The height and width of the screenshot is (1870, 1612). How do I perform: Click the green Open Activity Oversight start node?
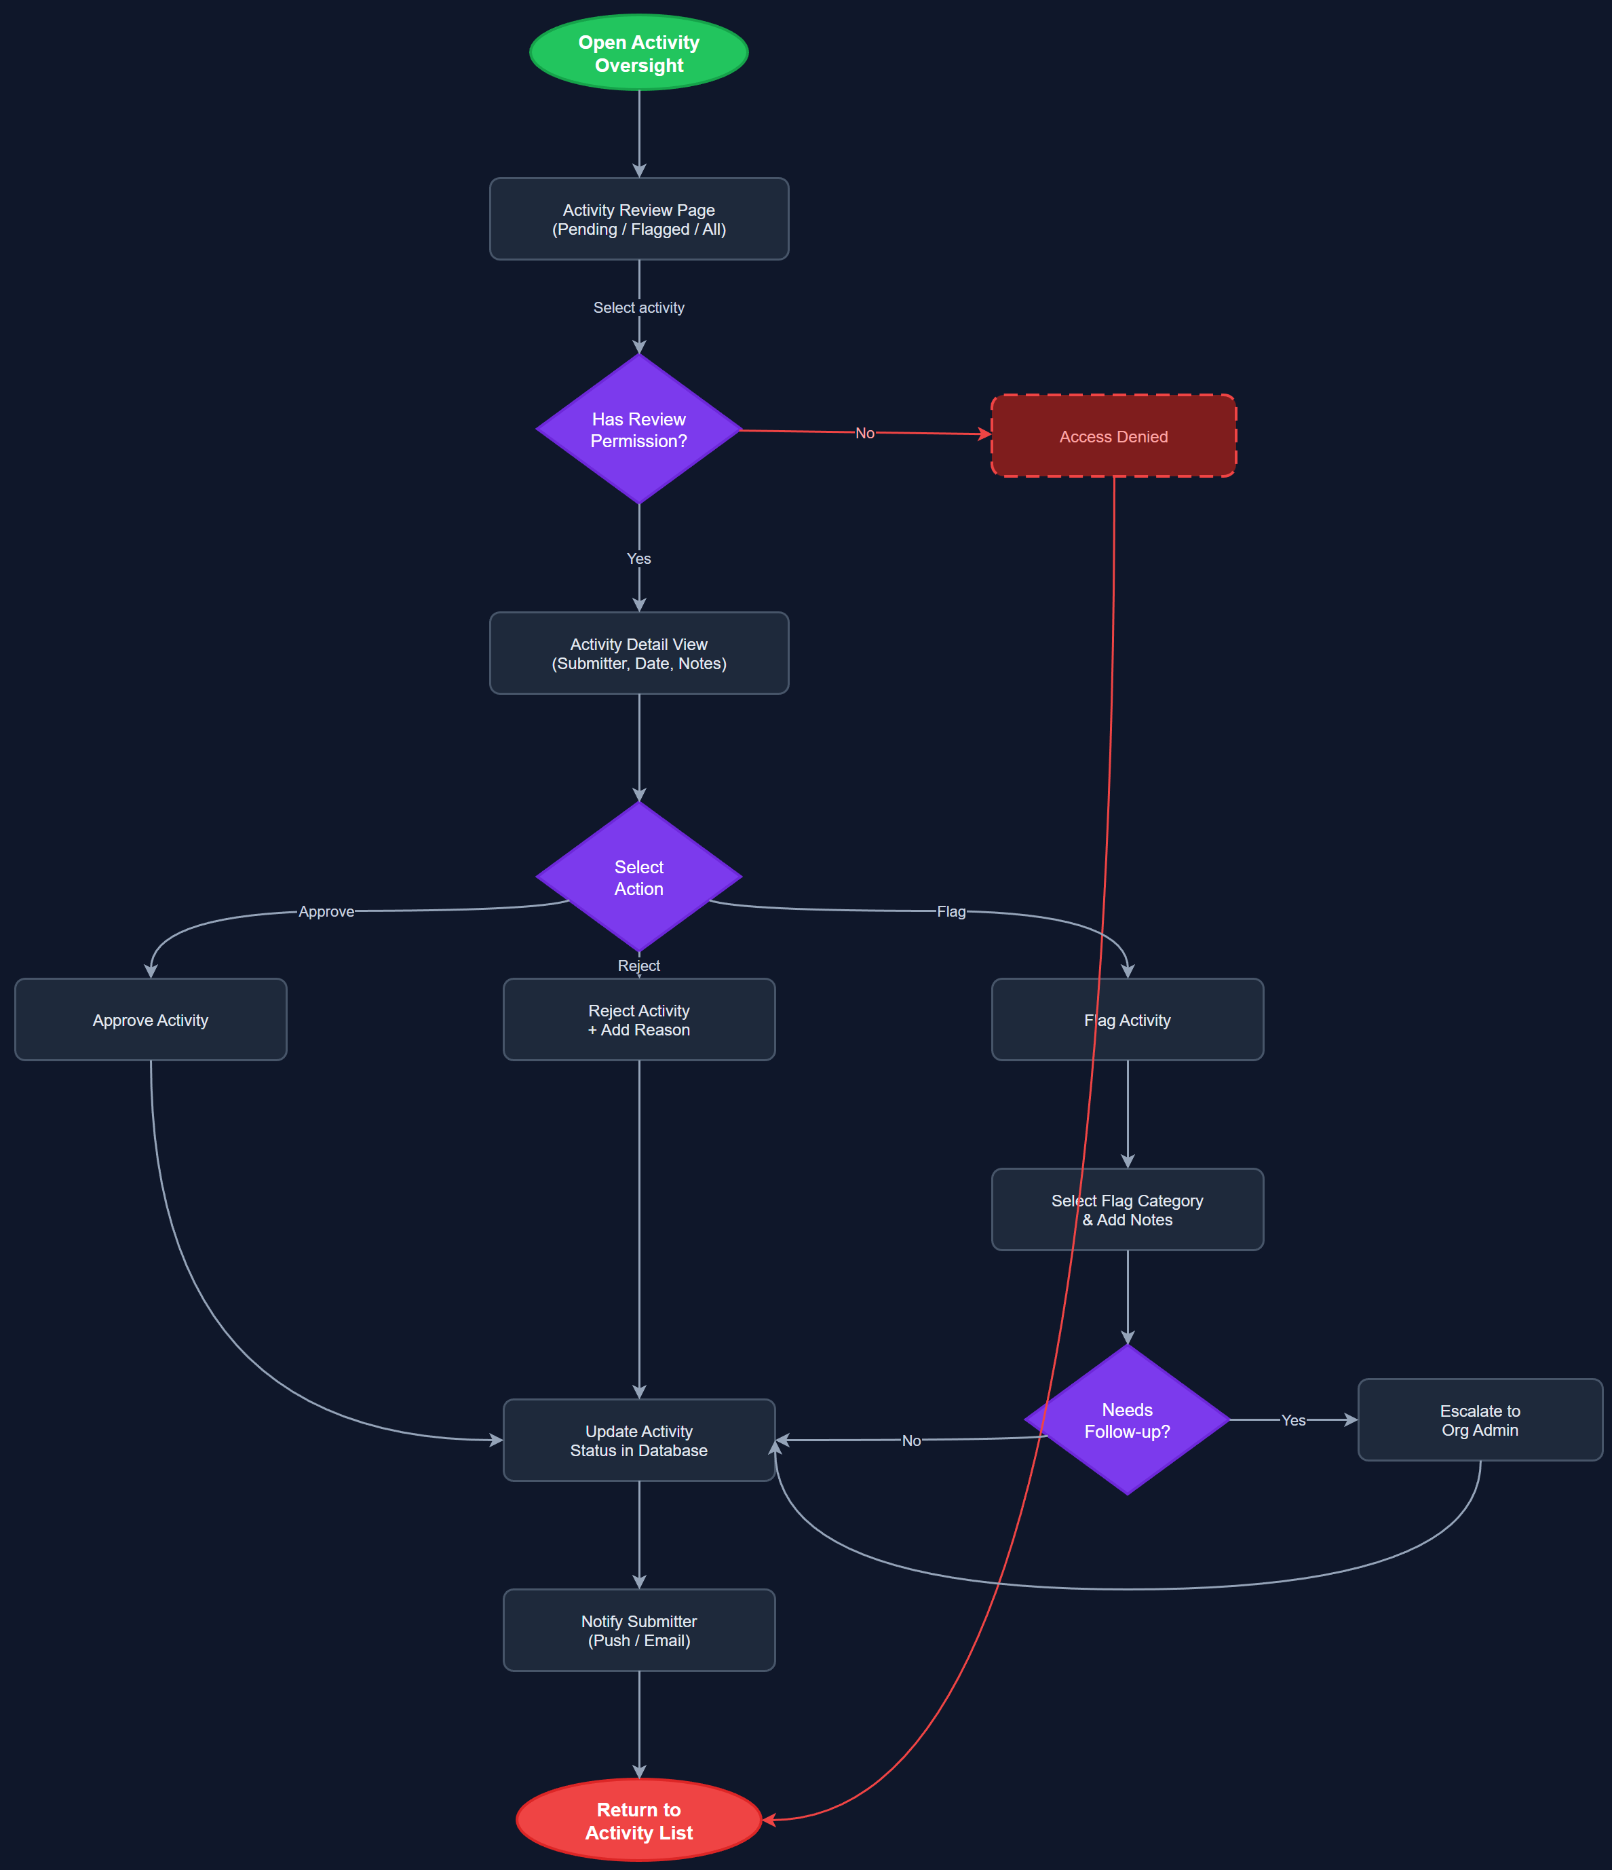point(639,53)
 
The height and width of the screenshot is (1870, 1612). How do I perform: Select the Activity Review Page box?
point(639,219)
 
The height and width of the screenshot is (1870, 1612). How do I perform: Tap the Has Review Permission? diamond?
point(639,430)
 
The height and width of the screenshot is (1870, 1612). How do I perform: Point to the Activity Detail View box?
point(639,653)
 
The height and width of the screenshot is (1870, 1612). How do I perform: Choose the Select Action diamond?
point(639,877)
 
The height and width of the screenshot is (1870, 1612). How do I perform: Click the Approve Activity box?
point(151,1020)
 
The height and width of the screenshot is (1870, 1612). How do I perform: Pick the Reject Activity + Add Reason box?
point(639,1020)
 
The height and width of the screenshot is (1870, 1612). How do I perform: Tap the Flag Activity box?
point(1128,1020)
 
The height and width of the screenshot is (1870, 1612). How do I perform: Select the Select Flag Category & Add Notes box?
point(1128,1209)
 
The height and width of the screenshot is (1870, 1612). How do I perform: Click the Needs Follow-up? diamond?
point(1128,1419)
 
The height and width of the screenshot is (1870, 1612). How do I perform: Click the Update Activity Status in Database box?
point(639,1440)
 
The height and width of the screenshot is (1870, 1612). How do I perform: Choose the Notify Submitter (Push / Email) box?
point(639,1630)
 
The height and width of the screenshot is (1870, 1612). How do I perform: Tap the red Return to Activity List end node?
point(639,1820)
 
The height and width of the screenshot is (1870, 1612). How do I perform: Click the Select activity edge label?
point(639,308)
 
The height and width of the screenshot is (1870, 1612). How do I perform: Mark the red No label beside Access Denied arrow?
point(864,433)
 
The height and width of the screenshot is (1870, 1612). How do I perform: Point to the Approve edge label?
point(327,911)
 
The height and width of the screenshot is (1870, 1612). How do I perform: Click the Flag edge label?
point(951,911)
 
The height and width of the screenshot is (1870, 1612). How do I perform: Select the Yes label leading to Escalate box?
point(1293,1421)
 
